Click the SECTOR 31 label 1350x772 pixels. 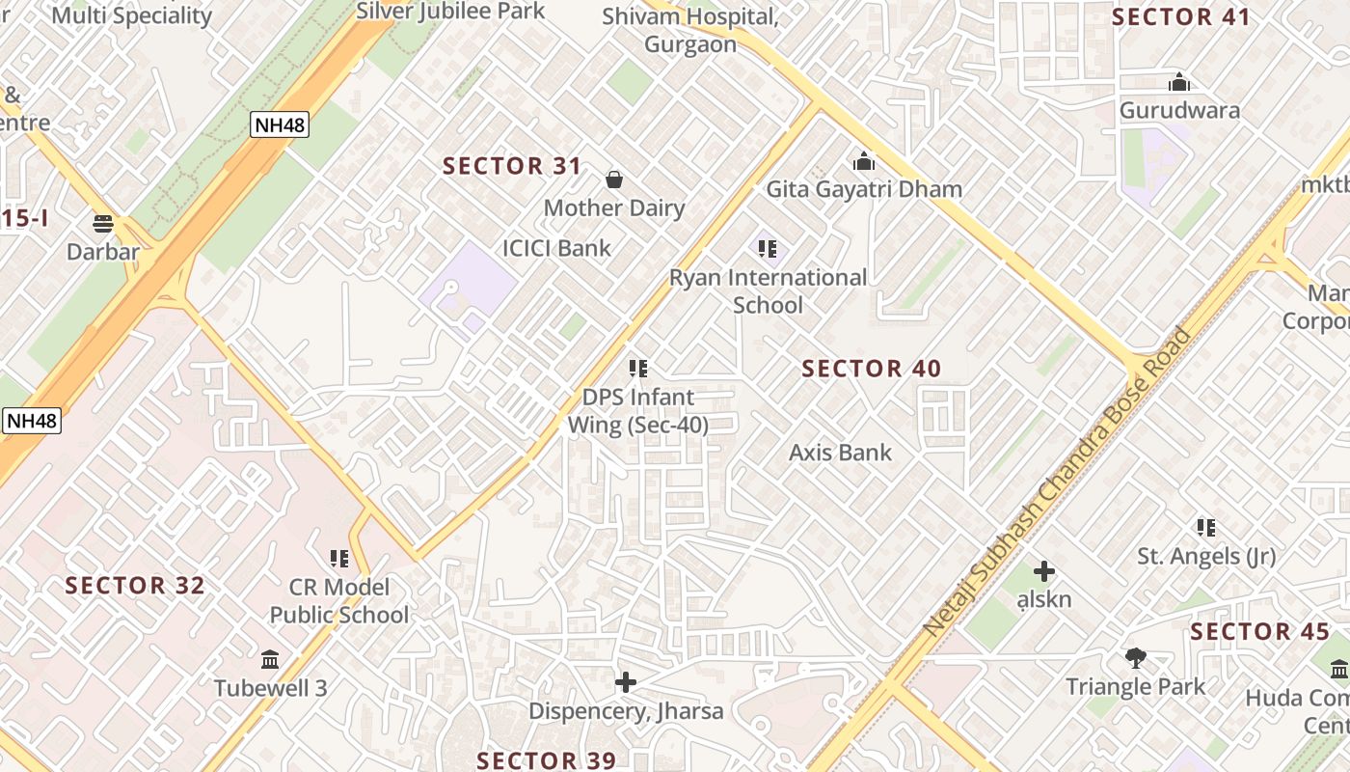(x=512, y=166)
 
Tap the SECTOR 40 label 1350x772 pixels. (x=871, y=369)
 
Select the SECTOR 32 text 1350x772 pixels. (x=135, y=586)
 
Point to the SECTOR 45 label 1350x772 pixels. (x=1259, y=632)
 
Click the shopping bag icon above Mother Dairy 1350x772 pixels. (x=613, y=179)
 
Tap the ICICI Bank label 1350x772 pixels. (x=556, y=248)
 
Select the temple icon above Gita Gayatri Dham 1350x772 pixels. (x=864, y=161)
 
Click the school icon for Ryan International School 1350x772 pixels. (x=768, y=249)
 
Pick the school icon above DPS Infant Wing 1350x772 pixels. (x=637, y=369)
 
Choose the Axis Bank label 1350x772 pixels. (x=840, y=453)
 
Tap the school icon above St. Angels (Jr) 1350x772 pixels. (x=1205, y=528)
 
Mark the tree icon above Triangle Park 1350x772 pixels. (x=1135, y=658)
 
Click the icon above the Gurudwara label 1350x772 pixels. (x=1178, y=82)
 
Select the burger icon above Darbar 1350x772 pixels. (x=103, y=224)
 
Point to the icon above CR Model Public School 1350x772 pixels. (x=338, y=559)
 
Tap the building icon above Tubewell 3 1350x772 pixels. (x=270, y=660)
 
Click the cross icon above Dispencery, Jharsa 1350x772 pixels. (x=626, y=683)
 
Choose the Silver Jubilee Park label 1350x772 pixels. (x=450, y=12)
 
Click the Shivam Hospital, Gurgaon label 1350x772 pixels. (x=690, y=30)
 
